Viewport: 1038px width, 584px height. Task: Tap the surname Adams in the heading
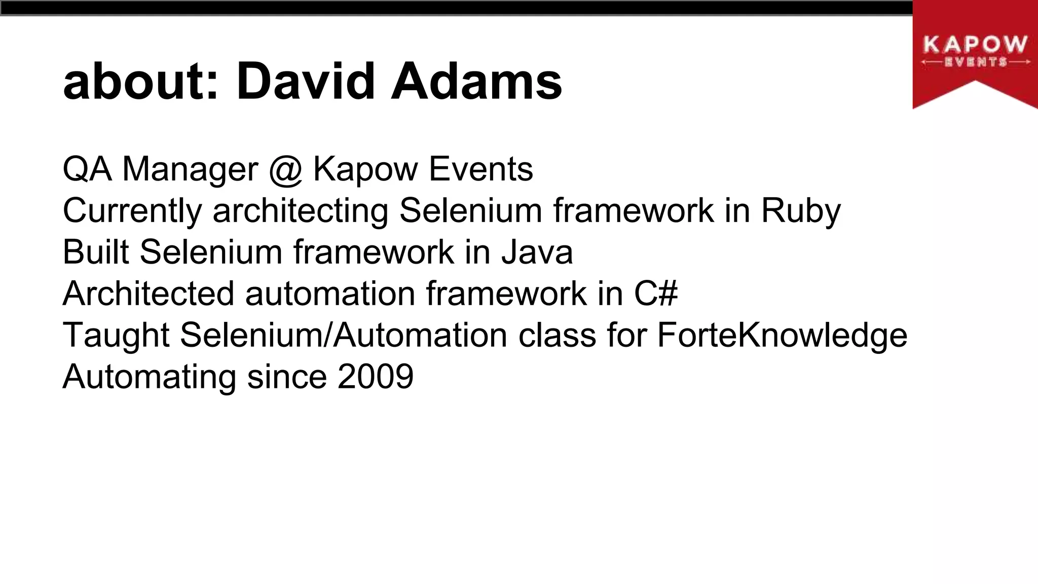tap(476, 82)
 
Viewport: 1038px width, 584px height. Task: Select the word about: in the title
tap(141, 82)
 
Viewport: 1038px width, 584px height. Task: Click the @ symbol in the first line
tap(285, 169)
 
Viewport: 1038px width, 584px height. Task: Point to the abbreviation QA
tap(87, 169)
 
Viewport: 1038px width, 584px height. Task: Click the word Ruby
tap(801, 211)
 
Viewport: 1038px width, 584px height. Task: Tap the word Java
tap(537, 252)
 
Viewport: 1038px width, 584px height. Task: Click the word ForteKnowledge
tap(782, 336)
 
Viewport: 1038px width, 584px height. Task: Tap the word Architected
tap(149, 294)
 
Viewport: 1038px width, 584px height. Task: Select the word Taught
tap(116, 336)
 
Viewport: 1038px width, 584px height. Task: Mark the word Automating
tap(150, 378)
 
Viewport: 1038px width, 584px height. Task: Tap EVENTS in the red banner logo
tap(975, 62)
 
